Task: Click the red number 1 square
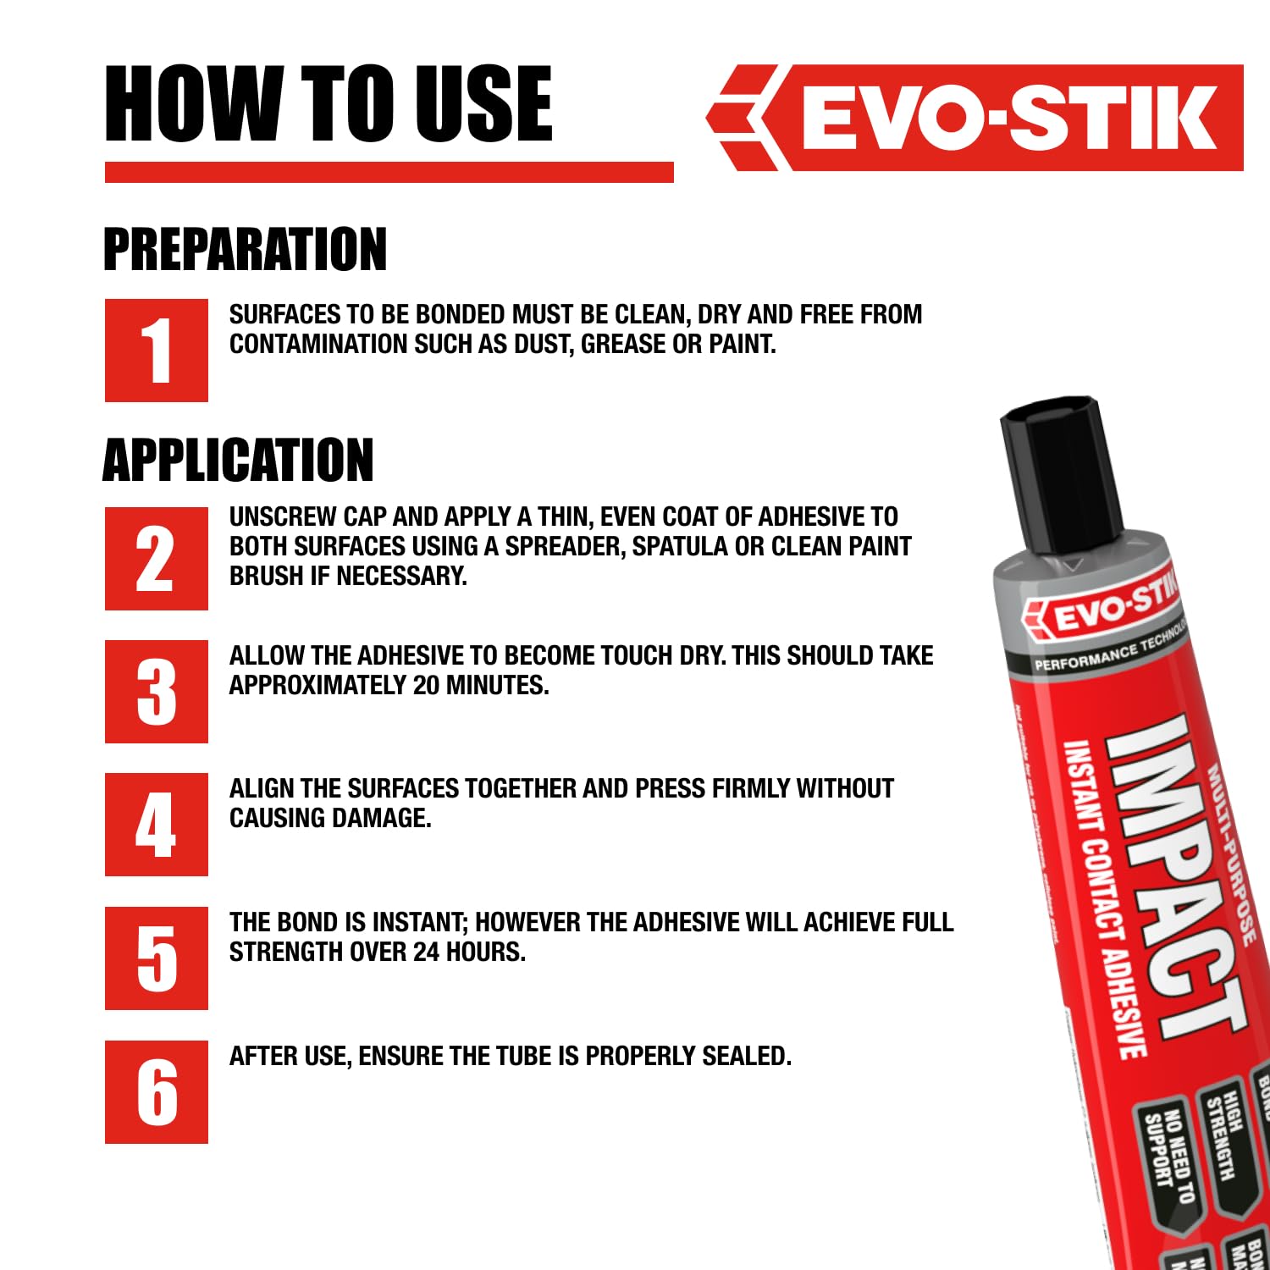coord(157,350)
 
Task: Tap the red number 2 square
coord(157,559)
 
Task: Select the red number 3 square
coord(157,692)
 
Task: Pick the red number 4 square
coord(157,825)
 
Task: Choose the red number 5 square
coord(157,958)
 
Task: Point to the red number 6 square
coord(157,1091)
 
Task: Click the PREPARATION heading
coord(245,249)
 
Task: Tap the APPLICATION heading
coord(238,460)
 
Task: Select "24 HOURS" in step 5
coord(469,952)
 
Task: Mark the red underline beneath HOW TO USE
coord(389,173)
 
